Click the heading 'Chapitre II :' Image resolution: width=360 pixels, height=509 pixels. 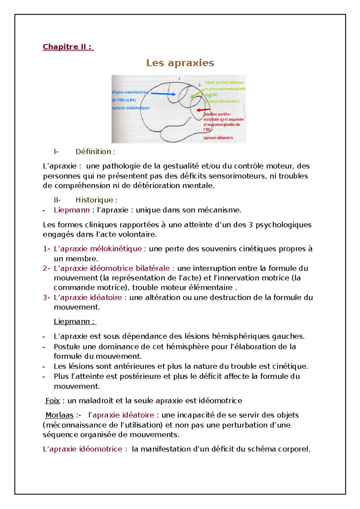tap(68, 47)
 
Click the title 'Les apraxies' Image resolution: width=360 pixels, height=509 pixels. tap(180, 63)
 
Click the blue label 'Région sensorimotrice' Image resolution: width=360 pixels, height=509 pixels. tap(130, 92)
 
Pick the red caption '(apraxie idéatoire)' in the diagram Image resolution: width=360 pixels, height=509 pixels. tap(218, 138)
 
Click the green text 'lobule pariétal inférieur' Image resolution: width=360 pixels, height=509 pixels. tap(224, 82)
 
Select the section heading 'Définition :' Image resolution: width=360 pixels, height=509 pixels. tap(95, 152)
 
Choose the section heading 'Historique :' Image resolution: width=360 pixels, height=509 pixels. tap(96, 200)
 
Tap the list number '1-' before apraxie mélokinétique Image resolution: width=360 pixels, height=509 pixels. tap(46, 249)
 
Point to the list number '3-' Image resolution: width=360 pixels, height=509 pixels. tap(46, 297)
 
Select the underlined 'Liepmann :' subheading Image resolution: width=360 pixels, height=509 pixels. tap(75, 322)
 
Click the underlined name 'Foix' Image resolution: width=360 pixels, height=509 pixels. tap(52, 401)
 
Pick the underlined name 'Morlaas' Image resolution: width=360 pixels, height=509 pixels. tap(59, 415)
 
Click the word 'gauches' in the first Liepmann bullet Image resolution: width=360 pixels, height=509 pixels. tap(288, 336)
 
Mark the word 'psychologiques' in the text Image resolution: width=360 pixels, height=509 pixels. tap(283, 225)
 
